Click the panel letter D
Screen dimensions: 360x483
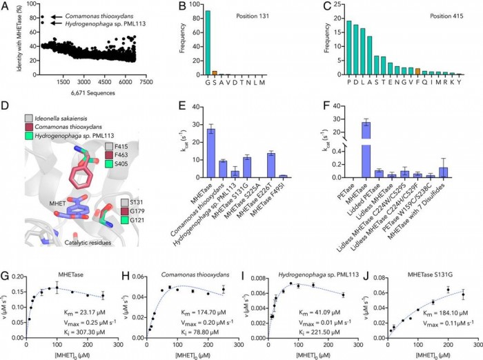coord(6,106)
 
